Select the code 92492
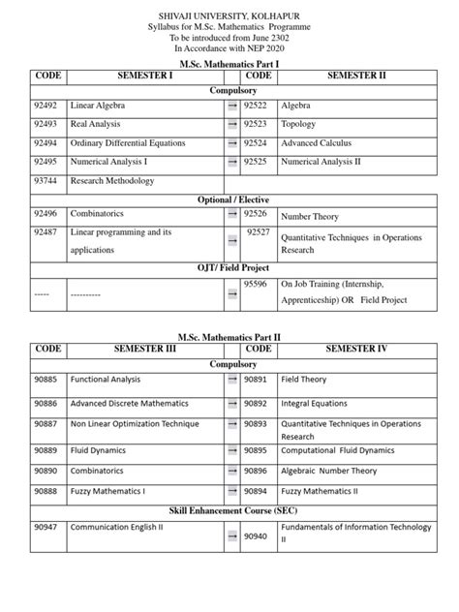[46, 105]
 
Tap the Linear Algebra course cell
[97, 105]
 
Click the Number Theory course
[314, 219]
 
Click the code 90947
[46, 530]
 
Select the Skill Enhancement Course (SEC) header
[229, 508]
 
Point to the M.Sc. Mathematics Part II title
[229, 333]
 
